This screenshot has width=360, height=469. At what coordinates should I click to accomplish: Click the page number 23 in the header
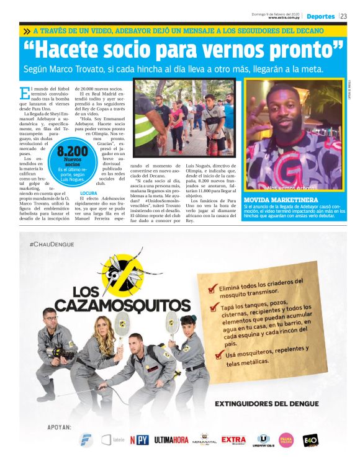(343, 16)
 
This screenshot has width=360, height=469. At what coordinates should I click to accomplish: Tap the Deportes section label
(320, 16)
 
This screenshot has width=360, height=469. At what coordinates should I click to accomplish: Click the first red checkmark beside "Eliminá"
(213, 288)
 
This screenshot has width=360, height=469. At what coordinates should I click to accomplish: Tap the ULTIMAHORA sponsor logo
(171, 440)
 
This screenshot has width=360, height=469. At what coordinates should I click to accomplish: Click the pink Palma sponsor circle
(286, 440)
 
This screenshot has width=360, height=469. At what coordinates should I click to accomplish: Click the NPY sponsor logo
(139, 440)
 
